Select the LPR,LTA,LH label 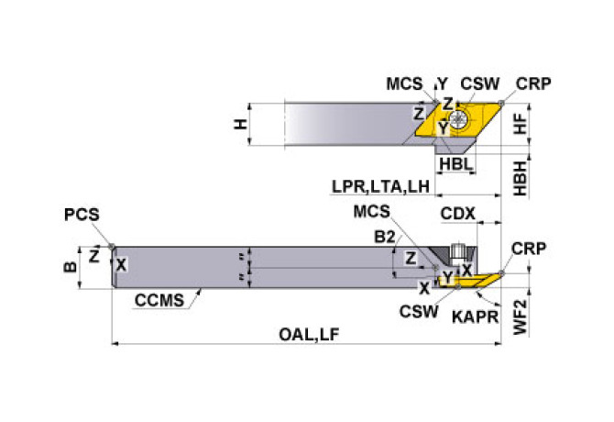pyautogui.click(x=380, y=187)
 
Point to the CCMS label pyautogui.click(x=159, y=298)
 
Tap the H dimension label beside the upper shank pyautogui.click(x=241, y=124)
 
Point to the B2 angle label pyautogui.click(x=386, y=237)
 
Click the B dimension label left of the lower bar pyautogui.click(x=69, y=268)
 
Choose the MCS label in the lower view pyautogui.click(x=372, y=212)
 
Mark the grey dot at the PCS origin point pyautogui.click(x=111, y=246)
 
